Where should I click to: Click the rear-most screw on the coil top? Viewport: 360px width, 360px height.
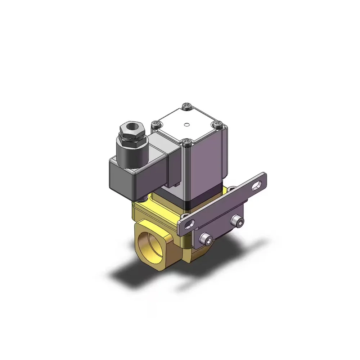tap(187, 106)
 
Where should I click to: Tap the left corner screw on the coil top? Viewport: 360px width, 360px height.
tap(154, 124)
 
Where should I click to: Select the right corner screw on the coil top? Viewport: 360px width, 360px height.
tap(218, 124)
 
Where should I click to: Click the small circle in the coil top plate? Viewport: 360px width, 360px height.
tap(186, 125)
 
